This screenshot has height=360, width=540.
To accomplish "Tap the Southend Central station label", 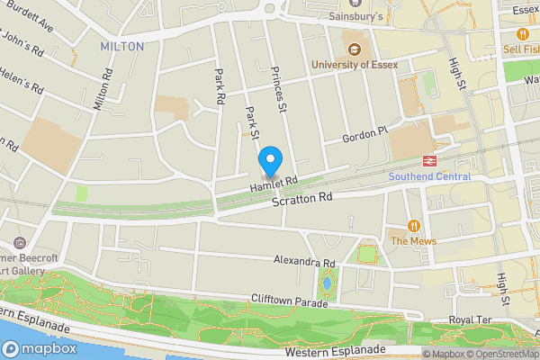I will [429, 176].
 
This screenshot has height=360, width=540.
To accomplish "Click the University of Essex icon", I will [353, 49].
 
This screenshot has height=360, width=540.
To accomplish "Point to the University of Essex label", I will [354, 64].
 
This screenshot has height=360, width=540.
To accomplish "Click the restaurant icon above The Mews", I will [414, 226].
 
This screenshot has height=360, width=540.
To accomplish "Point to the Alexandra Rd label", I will [304, 262].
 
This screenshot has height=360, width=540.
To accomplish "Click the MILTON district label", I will [121, 45].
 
